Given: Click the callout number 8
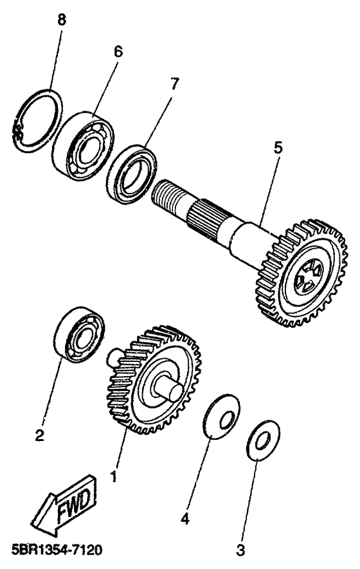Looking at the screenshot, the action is [62, 19].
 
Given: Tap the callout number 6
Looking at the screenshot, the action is [118, 52].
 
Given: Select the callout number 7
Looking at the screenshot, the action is [175, 84].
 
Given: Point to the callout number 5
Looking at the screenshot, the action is [278, 148].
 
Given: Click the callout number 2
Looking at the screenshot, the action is [40, 435].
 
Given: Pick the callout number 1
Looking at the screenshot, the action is [114, 476].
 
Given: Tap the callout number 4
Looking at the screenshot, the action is [184, 519].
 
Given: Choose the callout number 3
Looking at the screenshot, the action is [240, 550].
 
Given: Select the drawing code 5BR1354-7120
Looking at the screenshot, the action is [57, 550].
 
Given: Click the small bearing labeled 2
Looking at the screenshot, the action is [79, 334].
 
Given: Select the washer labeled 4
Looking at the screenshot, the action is [221, 416].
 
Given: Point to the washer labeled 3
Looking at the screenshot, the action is [263, 440].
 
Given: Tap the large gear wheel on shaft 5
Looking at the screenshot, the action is [302, 273].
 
